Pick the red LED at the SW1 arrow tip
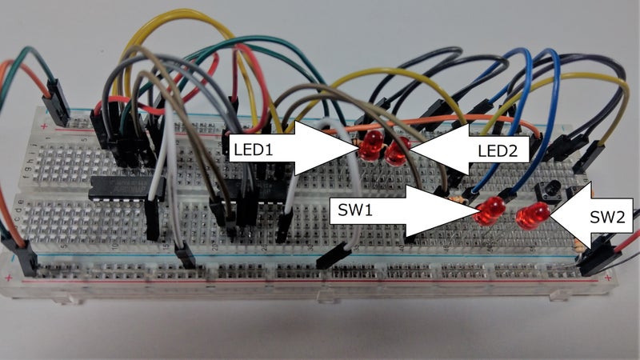click(490, 212)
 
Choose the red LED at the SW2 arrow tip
click(532, 216)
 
